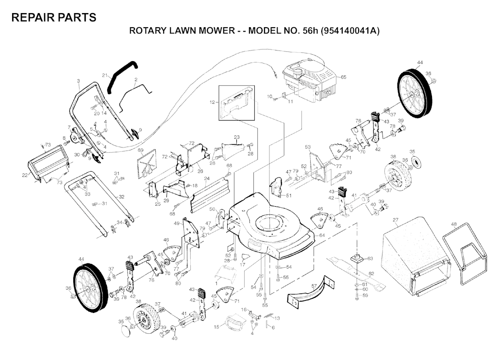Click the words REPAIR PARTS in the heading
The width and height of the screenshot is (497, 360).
tap(54, 17)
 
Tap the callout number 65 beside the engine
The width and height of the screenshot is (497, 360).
tap(343, 77)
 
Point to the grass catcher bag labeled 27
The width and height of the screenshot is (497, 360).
tap(416, 256)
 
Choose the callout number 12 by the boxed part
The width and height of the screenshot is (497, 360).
tap(212, 102)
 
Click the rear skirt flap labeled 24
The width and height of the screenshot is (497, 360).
tap(210, 195)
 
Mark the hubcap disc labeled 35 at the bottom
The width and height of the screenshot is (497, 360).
tap(128, 330)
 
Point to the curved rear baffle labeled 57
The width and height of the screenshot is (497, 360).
tap(311, 292)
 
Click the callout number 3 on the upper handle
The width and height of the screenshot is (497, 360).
tap(78, 81)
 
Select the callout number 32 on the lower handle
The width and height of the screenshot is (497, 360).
tap(121, 197)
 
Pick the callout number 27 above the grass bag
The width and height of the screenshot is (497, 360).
tap(395, 220)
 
